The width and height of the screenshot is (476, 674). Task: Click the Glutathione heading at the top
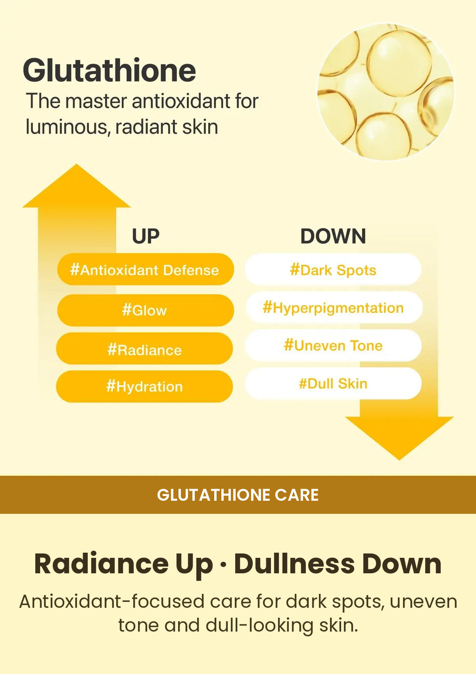[109, 71]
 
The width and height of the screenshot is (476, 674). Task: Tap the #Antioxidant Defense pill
[145, 269]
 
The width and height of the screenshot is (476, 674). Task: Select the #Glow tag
[145, 310]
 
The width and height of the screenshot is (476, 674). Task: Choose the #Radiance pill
[145, 349]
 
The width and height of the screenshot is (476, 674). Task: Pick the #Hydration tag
[145, 386]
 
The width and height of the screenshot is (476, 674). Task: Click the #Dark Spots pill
[333, 269]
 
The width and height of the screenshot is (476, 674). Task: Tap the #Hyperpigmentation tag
[334, 308]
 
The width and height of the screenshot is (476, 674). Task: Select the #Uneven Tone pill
[333, 346]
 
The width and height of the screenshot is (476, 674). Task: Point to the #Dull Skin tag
[333, 383]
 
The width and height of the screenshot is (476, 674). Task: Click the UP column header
[145, 236]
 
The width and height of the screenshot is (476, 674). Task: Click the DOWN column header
[333, 236]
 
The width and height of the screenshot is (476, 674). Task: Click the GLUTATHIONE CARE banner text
[238, 495]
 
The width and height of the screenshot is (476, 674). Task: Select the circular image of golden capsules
[386, 92]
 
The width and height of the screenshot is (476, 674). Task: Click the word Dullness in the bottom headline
[295, 563]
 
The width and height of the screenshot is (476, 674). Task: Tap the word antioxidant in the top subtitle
[181, 101]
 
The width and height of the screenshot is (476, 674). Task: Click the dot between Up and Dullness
[223, 565]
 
